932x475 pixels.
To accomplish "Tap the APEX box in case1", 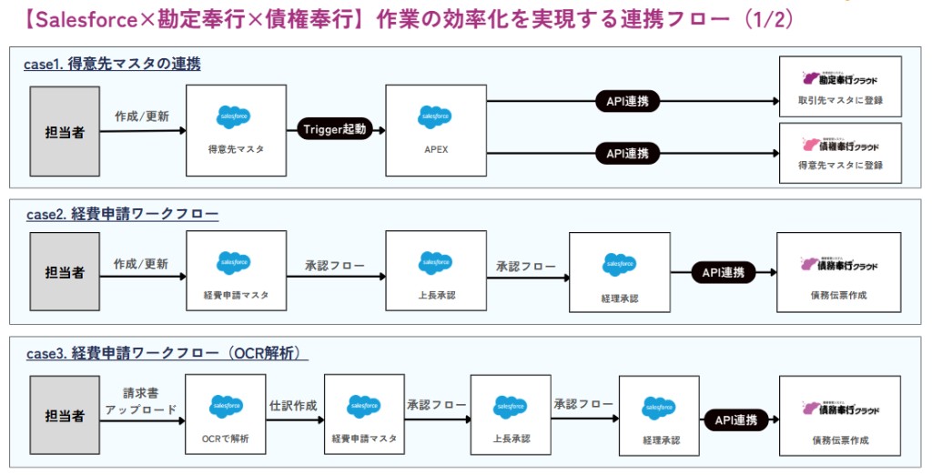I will pos(435,130).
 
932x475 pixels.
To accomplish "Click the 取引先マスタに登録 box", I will pos(840,86).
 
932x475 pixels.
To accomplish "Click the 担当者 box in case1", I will pos(65,131).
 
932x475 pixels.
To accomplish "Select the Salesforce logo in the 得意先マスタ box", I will pos(234,117).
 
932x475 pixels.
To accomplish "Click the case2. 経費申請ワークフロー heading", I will pos(122,215).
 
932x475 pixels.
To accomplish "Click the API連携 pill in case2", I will pos(723,272).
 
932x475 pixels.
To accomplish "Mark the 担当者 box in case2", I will pos(65,271).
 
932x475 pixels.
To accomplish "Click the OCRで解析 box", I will pos(225,416).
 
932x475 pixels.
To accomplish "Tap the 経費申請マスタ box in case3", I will pos(363,416).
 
